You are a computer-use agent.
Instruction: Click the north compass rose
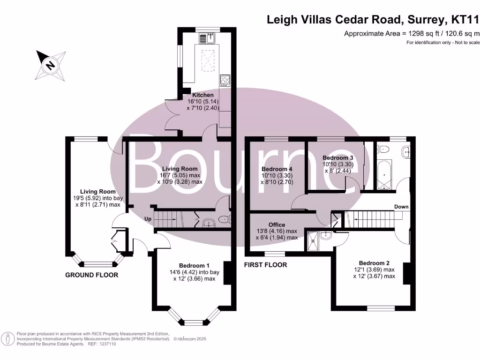(51, 65)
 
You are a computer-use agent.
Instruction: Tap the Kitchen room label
(202, 95)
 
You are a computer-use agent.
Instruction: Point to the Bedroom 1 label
(195, 265)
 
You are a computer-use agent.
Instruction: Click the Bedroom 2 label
(374, 263)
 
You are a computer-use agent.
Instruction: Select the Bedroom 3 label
(338, 157)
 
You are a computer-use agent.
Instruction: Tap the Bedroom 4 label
(277, 169)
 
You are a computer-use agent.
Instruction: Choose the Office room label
(277, 225)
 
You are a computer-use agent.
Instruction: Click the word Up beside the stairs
(148, 219)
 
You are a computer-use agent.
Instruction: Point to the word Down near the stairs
(401, 207)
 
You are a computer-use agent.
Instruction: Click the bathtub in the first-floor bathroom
(384, 174)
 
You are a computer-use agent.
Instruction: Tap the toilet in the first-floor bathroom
(383, 150)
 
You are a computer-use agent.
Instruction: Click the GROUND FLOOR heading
(91, 275)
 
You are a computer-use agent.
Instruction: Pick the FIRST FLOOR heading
(265, 265)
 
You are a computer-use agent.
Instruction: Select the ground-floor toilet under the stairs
(225, 219)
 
